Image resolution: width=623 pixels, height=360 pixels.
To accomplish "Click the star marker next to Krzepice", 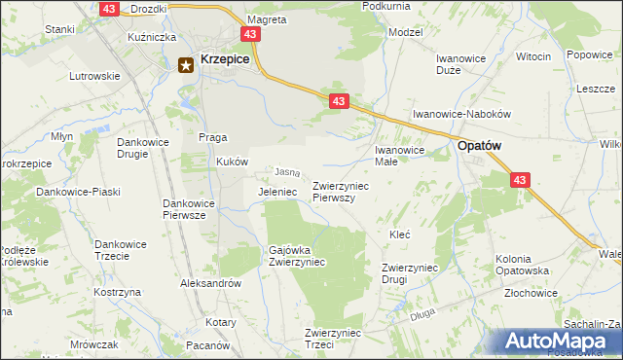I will pos(186,65).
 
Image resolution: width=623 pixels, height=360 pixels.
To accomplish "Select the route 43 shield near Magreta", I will pos(252,34).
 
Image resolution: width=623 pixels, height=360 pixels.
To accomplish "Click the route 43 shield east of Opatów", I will pos(520,180).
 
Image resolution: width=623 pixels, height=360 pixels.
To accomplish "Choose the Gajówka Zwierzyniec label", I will pos(297,256).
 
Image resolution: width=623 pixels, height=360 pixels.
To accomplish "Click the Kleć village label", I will pos(399,234).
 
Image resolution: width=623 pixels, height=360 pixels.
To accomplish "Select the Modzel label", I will pos(405,32).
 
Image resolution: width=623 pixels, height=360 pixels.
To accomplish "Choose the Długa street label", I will pos(421,314).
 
